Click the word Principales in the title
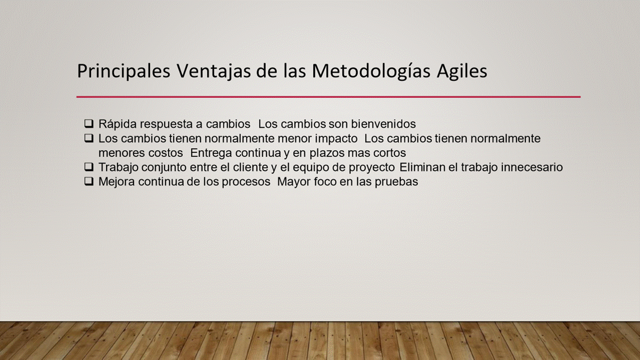tap(123, 71)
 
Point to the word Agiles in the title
tap(461, 71)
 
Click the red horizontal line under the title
tap(328, 97)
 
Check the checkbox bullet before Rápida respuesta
tap(89, 123)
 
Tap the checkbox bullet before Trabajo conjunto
tap(89, 167)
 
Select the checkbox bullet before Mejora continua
tap(89, 181)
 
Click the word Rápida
tap(117, 124)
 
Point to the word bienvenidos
tap(383, 124)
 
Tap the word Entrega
tap(211, 153)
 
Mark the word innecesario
tap(531, 167)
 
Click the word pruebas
tap(396, 182)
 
